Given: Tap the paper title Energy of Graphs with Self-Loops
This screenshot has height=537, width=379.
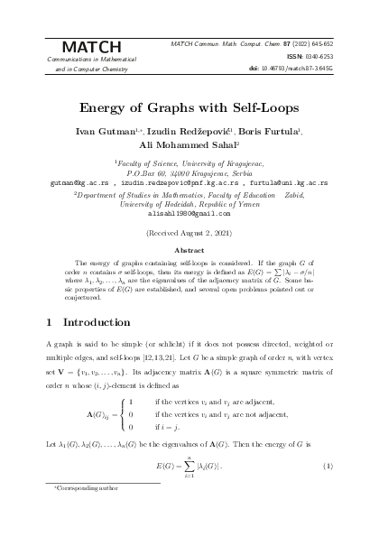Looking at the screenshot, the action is click(x=189, y=105).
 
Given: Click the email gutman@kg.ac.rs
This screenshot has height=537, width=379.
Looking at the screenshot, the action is click(x=77, y=181).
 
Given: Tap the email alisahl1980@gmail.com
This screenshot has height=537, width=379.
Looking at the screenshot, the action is click(x=189, y=213).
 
